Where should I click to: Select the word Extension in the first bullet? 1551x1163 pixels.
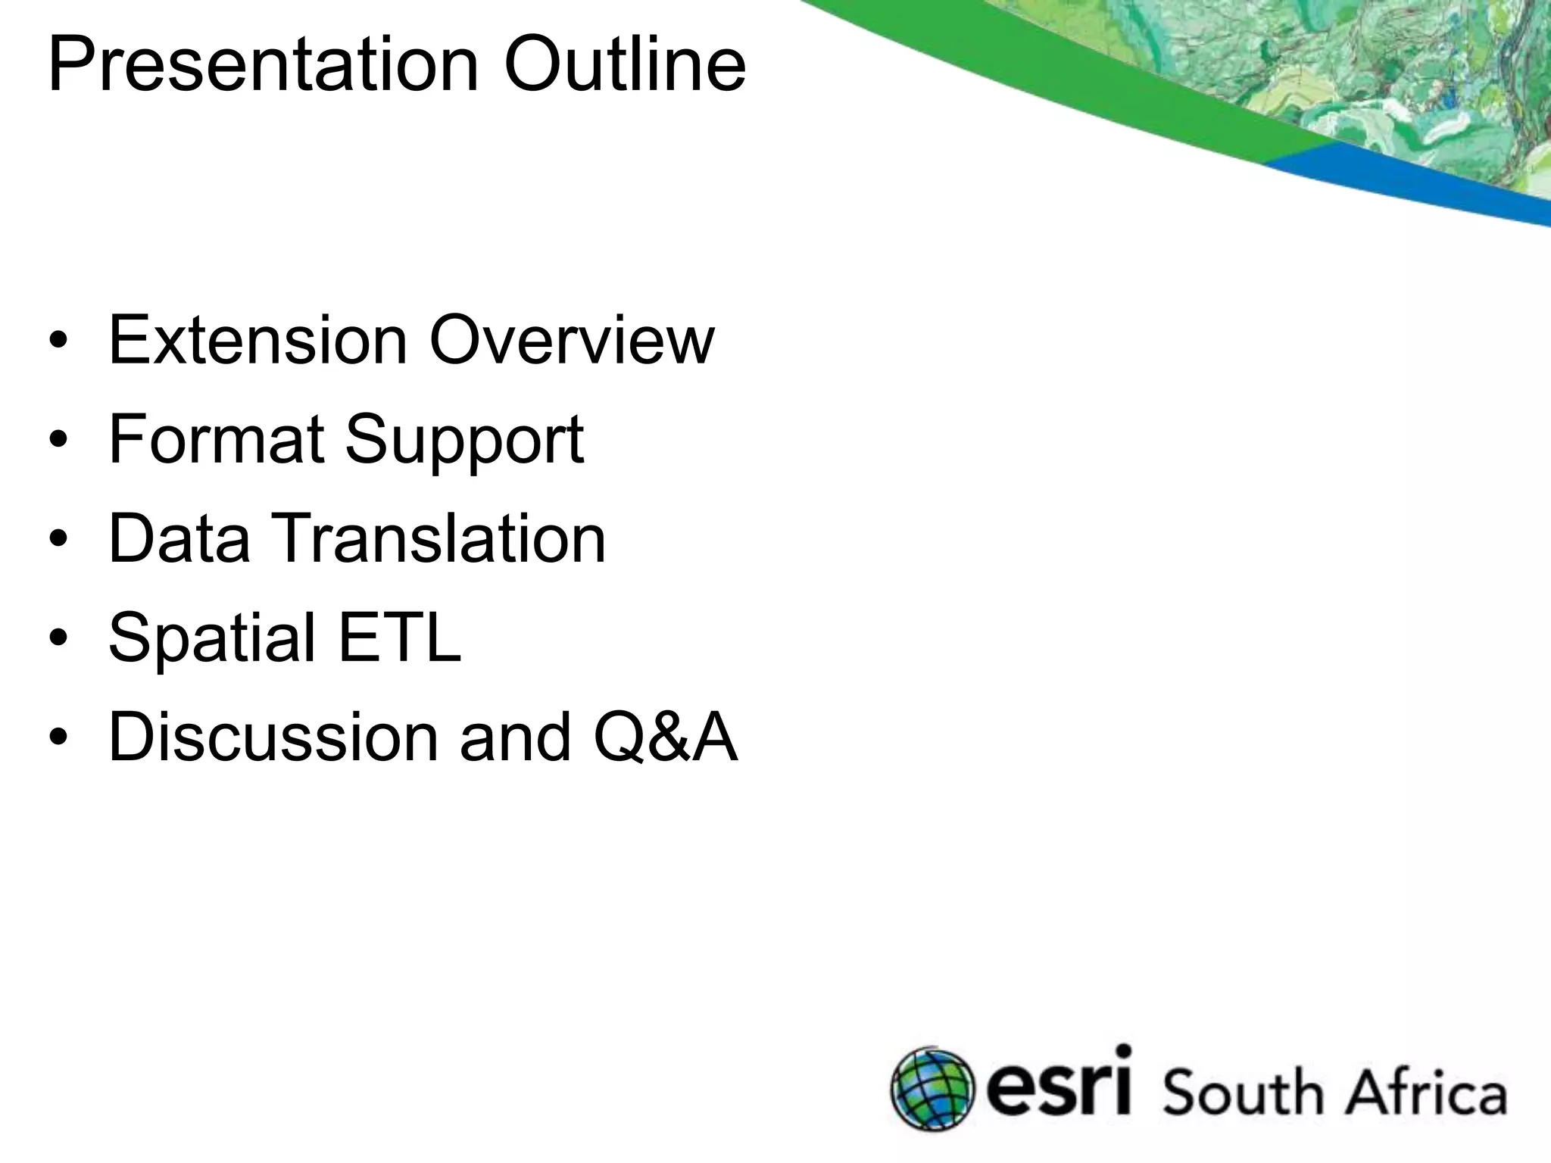click(x=258, y=340)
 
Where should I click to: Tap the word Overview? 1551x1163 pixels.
click(x=572, y=340)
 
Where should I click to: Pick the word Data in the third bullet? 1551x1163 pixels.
click(x=179, y=538)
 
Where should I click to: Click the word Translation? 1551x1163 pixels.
click(x=443, y=538)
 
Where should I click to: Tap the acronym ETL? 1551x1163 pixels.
click(x=399, y=638)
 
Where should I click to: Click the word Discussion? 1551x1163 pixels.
click(x=273, y=737)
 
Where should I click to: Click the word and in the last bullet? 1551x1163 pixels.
click(x=516, y=737)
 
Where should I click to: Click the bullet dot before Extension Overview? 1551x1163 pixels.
click(x=58, y=341)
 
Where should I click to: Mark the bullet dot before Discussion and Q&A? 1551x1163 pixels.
click(x=58, y=738)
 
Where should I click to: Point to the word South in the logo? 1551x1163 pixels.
click(x=1241, y=1093)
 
